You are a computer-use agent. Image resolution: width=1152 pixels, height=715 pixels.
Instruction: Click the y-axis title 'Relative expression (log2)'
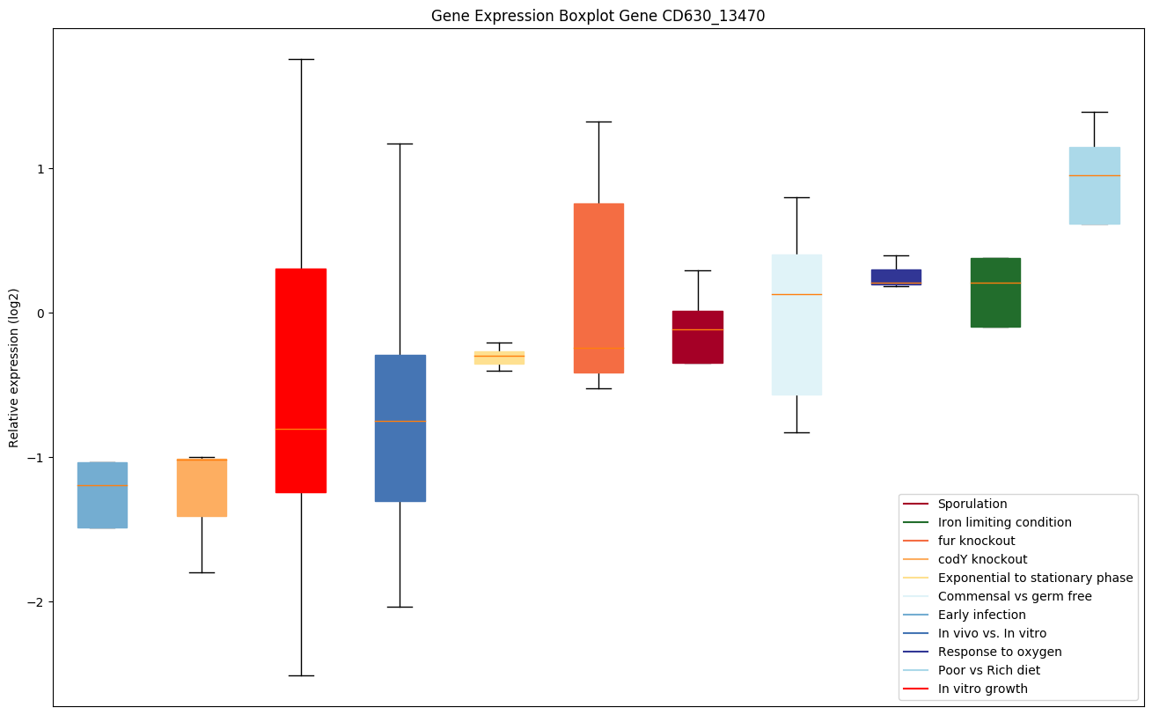(x=14, y=367)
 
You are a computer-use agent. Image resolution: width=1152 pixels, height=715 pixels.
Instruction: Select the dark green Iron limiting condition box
(x=994, y=292)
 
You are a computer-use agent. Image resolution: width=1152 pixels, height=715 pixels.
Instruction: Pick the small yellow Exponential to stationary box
(x=499, y=357)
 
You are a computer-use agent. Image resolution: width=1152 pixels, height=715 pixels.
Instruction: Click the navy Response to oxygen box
(x=896, y=277)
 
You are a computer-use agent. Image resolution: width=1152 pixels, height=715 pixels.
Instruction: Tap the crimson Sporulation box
(x=697, y=337)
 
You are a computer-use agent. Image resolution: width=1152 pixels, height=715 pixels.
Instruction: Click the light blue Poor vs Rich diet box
(x=1094, y=186)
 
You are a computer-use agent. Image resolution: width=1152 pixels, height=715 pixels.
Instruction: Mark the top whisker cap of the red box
(x=301, y=59)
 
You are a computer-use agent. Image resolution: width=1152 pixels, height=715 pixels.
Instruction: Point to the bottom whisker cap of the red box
(x=301, y=675)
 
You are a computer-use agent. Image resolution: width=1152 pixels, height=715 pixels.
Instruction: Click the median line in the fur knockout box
(x=598, y=348)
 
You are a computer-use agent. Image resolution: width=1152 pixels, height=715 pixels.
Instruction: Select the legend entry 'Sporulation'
(x=972, y=504)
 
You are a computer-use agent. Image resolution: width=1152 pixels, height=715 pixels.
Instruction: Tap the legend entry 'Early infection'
(x=981, y=615)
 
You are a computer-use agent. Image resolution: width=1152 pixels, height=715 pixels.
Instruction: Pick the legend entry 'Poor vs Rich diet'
(x=988, y=670)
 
